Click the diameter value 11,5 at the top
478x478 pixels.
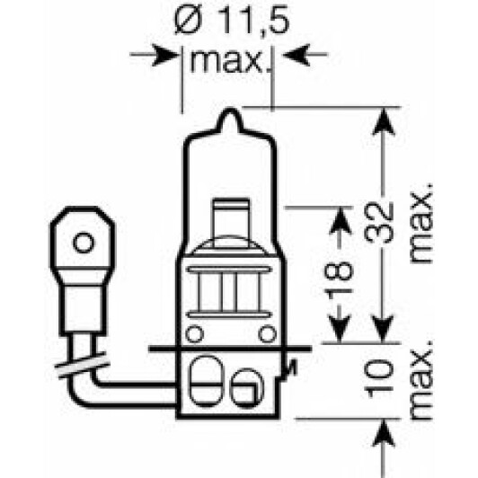[x=253, y=21]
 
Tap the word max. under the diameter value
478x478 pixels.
[x=226, y=62]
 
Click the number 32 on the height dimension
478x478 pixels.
[x=379, y=222]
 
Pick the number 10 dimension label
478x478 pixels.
[x=379, y=378]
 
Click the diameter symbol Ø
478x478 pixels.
[x=188, y=21]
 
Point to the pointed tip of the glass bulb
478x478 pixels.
[x=230, y=109]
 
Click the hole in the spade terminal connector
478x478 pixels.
[x=83, y=243]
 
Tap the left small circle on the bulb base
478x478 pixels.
[x=194, y=334]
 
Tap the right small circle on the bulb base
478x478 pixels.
[x=267, y=334]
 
